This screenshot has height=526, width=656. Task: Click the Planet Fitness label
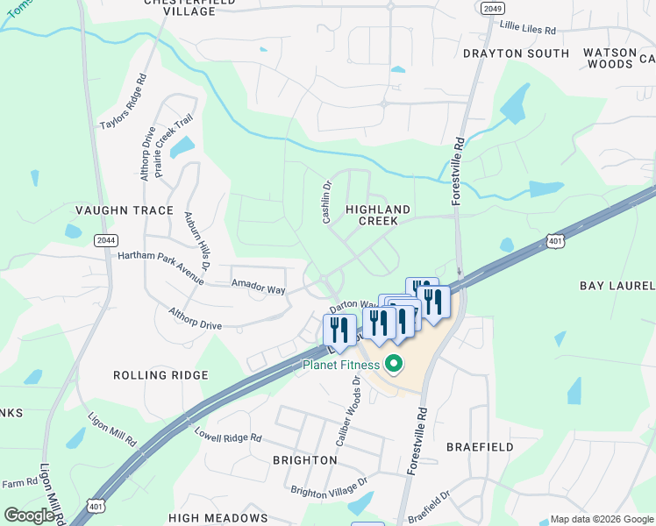pos(342,365)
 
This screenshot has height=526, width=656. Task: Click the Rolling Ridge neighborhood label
pos(160,375)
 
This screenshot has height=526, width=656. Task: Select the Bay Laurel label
pos(617,286)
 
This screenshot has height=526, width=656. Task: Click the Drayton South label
pos(516,53)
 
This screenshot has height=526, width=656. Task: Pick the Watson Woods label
pos(610,58)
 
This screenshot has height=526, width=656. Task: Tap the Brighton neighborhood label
pos(304,459)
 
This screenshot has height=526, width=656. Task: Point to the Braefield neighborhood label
pos(480,447)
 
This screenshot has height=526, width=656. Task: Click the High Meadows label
pos(218,518)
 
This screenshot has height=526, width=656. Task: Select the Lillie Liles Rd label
pos(528,29)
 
